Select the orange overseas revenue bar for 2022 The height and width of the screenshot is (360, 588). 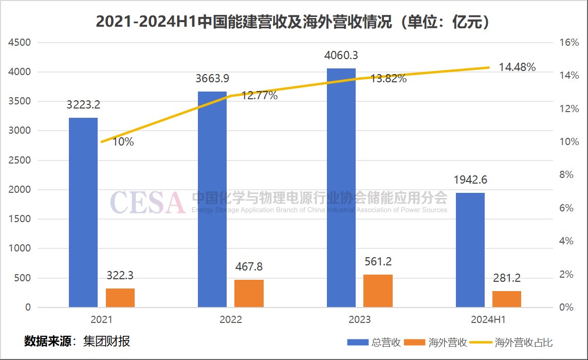pyautogui.click(x=249, y=293)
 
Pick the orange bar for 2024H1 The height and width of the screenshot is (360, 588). pyautogui.click(x=507, y=299)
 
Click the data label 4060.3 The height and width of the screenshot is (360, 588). pyautogui.click(x=341, y=55)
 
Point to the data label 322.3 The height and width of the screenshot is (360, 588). pyautogui.click(x=120, y=276)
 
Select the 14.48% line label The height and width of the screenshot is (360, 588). pyautogui.click(x=517, y=67)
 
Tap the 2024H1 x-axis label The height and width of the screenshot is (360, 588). pyautogui.click(x=488, y=319)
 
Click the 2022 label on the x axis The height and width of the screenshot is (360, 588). pyautogui.click(x=230, y=319)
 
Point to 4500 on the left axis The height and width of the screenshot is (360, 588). pyautogui.click(x=21, y=43)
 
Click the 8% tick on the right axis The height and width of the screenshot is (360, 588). pyautogui.click(x=566, y=175)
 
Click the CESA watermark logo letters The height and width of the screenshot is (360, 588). pyautogui.click(x=147, y=202)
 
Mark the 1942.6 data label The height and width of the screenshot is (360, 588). pyautogui.click(x=470, y=180)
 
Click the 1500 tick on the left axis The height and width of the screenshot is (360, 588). pyautogui.click(x=21, y=219)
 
